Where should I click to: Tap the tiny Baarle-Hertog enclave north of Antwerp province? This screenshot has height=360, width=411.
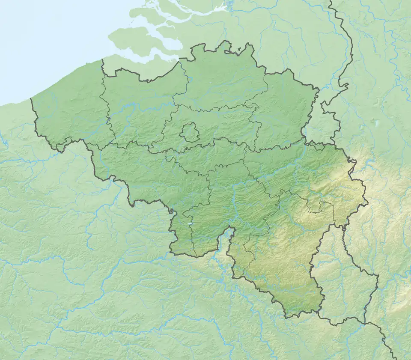click(x=238, y=54)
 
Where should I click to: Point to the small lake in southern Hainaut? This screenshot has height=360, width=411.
click(x=188, y=223)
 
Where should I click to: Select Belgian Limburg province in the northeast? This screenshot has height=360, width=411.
click(x=283, y=111)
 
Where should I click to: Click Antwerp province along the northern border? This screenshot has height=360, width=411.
click(x=223, y=81)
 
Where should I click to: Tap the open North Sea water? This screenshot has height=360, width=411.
click(x=43, y=43)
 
